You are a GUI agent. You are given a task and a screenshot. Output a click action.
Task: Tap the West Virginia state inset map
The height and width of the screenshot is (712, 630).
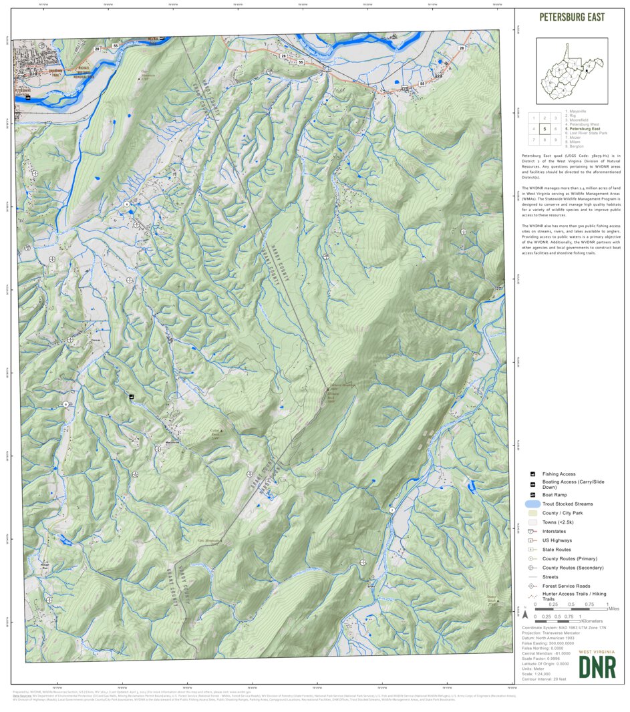click(x=571, y=71)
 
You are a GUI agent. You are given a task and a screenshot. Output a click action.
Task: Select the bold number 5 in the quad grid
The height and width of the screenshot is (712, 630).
click(x=544, y=129)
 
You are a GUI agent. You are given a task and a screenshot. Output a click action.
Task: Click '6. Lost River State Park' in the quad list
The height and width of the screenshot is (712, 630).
click(x=589, y=133)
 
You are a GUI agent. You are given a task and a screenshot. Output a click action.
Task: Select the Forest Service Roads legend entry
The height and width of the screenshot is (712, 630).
click(x=565, y=586)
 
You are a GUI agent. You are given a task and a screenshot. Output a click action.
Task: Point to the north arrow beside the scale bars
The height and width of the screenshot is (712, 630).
click(x=525, y=613)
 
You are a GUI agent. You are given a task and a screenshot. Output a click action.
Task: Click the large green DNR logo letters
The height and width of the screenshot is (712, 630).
click(x=597, y=667)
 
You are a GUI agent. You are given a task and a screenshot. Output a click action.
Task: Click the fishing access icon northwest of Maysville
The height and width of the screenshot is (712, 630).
click(x=132, y=397)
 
